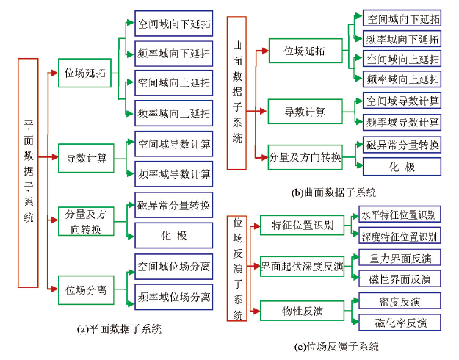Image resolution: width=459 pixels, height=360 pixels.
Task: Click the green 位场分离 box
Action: (x=86, y=290)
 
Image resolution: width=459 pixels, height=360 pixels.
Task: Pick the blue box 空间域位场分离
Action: (x=174, y=267)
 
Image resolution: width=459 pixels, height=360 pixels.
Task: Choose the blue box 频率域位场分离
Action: (x=174, y=297)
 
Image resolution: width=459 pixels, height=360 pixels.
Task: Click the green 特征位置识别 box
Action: (x=302, y=226)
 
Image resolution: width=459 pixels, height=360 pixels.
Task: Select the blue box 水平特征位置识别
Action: (x=400, y=215)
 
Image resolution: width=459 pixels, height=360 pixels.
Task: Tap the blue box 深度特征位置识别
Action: (x=400, y=236)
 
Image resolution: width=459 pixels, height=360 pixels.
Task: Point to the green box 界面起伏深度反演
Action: (x=302, y=266)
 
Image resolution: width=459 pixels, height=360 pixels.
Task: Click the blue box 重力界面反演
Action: (x=400, y=258)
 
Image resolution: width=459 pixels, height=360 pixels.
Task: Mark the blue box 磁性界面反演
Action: (x=400, y=279)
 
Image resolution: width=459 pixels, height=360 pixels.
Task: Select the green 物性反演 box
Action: (x=302, y=311)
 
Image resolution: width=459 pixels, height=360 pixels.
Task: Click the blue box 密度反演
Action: (x=400, y=300)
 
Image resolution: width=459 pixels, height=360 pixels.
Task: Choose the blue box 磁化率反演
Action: (x=400, y=323)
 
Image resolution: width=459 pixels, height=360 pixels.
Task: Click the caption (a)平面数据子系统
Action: (x=119, y=329)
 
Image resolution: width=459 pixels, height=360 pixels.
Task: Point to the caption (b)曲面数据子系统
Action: (x=333, y=192)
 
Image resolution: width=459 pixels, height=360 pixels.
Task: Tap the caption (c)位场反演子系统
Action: (x=336, y=347)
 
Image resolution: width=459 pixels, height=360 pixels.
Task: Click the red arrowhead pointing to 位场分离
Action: (x=54, y=289)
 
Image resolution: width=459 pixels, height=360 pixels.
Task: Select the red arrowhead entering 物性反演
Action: (x=256, y=311)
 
